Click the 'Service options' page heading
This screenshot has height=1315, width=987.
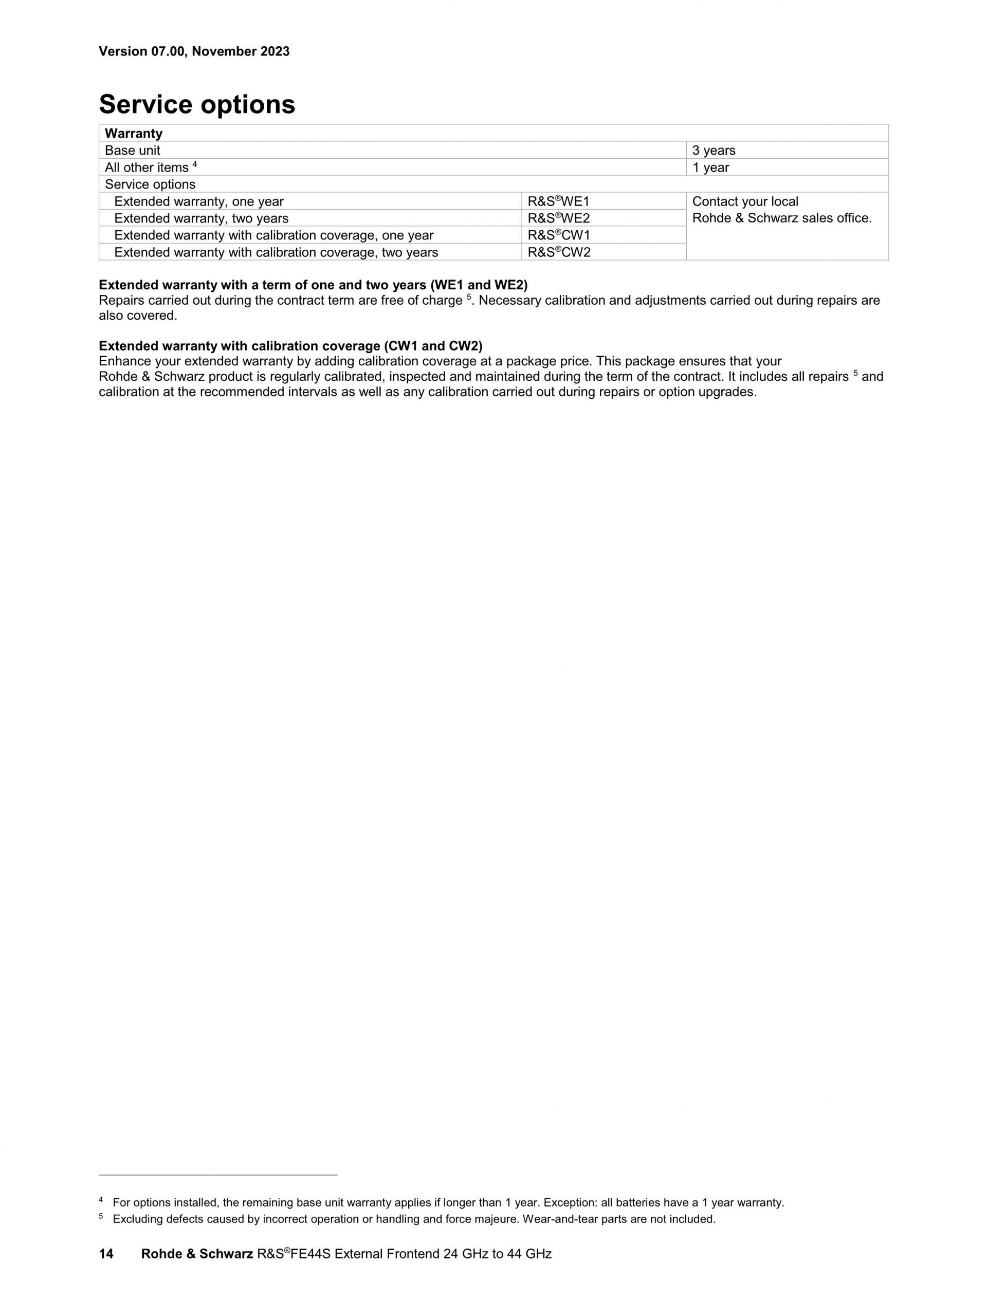[x=197, y=105]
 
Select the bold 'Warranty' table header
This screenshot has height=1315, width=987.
[x=133, y=133]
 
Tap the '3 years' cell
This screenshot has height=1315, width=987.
[x=714, y=151]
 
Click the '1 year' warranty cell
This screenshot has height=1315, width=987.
[x=710, y=168]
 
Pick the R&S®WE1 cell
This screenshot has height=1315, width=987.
[x=558, y=201]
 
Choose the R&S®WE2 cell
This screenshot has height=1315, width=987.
[x=558, y=218]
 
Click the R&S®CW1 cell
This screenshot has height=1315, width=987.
[x=558, y=235]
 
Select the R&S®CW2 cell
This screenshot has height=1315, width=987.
[x=558, y=253]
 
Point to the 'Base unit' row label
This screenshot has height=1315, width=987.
[x=132, y=151]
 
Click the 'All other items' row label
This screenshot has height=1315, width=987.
[x=147, y=168]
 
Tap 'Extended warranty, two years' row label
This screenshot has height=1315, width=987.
[x=201, y=218]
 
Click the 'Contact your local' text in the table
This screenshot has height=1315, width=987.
[x=745, y=201]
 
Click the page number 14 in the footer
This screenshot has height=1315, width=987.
[x=106, y=1254]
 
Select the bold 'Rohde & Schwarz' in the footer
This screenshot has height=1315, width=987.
[x=197, y=1254]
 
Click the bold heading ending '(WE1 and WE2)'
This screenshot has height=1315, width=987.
[x=313, y=285]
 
